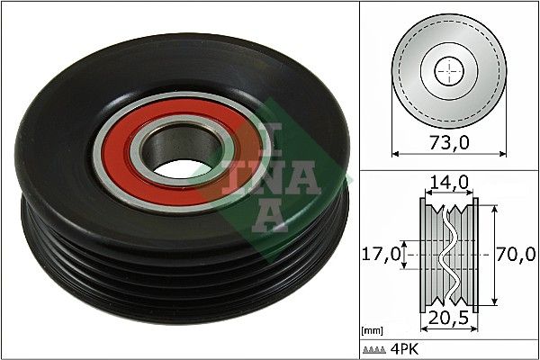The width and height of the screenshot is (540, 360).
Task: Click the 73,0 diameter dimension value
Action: pos(448,142)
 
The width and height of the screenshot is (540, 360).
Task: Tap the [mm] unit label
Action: pos(371,331)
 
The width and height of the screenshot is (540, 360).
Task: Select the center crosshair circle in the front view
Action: pos(447,70)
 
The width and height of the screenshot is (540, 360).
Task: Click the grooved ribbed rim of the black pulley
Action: pos(180,270)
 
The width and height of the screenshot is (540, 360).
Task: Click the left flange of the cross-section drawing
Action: pos(425,255)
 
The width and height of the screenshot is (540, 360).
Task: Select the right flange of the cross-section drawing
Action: pos(471,255)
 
